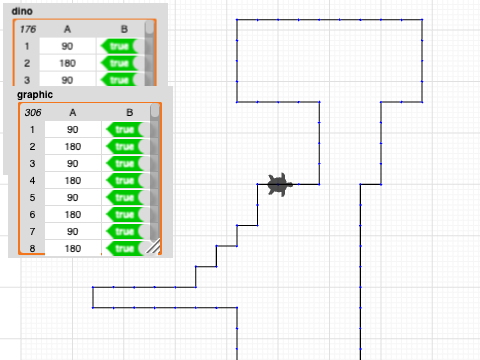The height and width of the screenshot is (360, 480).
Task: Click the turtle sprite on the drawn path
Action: (x=279, y=184)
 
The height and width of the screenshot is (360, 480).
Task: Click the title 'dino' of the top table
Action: (x=22, y=10)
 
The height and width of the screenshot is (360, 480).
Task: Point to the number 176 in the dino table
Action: (x=28, y=30)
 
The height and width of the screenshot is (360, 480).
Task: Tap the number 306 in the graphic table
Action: (x=33, y=112)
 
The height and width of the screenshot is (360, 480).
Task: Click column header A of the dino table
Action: (x=67, y=30)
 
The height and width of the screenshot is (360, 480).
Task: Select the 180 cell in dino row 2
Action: (x=67, y=63)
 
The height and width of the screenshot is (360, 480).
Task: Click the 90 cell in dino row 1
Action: (x=67, y=46)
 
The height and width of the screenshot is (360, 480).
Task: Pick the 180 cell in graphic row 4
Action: (x=73, y=180)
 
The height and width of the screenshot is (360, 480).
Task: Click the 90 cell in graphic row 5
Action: (x=73, y=197)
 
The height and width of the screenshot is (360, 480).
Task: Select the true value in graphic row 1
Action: (x=125, y=129)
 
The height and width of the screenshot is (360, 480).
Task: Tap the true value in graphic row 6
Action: (x=125, y=214)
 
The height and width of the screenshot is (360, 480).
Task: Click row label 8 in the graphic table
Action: (x=33, y=248)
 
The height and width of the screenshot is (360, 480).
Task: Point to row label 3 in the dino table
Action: (x=28, y=80)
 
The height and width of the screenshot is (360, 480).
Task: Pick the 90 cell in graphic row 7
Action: (x=73, y=231)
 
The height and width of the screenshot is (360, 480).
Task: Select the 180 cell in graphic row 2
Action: (x=73, y=146)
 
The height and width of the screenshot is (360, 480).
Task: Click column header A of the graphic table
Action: (x=73, y=112)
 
